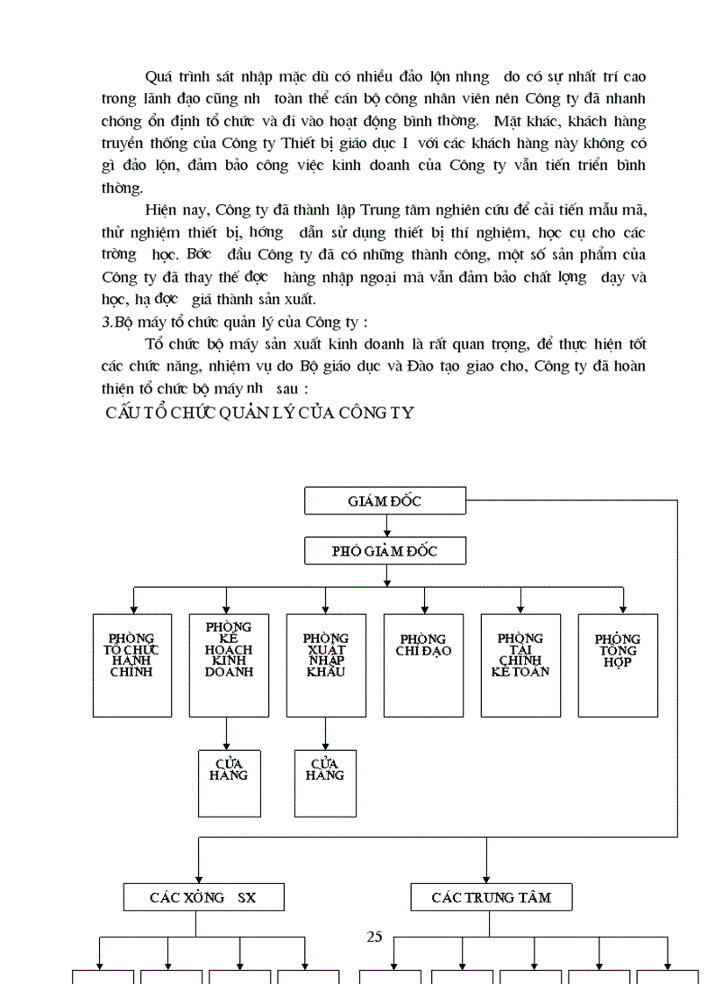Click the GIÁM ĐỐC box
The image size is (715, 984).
click(x=385, y=500)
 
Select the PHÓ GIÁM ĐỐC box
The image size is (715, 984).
click(x=385, y=550)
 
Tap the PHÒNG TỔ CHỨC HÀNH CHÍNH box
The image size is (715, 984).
click(x=132, y=665)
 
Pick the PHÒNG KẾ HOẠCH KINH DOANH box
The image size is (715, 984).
click(x=229, y=665)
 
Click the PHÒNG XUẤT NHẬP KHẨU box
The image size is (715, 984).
click(x=326, y=665)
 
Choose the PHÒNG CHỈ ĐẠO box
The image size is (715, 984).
click(x=423, y=665)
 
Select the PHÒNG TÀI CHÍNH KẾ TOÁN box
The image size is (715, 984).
click(x=520, y=665)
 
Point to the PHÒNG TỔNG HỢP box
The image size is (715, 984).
click(x=618, y=665)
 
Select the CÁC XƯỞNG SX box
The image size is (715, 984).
click(x=203, y=896)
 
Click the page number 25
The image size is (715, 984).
click(x=374, y=936)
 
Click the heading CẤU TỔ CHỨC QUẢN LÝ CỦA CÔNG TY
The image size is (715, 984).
click(x=258, y=413)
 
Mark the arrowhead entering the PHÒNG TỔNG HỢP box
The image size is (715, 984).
click(x=624, y=609)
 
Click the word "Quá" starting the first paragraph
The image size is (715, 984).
click(x=159, y=78)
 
